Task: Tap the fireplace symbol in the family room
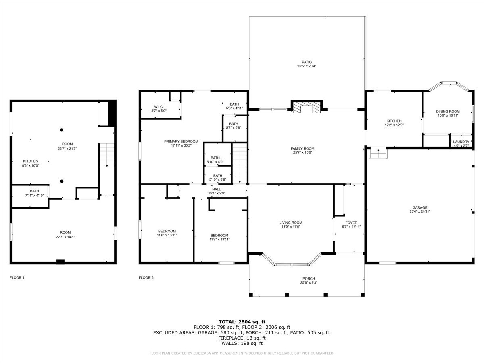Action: point(307,107)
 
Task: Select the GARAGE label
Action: point(419,208)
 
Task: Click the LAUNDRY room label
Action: point(461,142)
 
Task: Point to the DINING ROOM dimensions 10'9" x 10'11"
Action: point(448,115)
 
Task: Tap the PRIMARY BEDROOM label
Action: point(181,142)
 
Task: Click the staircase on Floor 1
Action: point(106,154)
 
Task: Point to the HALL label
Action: point(217,189)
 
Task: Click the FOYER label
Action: point(351,223)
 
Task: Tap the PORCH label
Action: point(309,279)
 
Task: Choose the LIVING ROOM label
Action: point(290,223)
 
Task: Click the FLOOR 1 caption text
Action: point(17,277)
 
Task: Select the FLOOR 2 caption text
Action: point(146,277)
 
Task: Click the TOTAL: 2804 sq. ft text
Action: point(242,321)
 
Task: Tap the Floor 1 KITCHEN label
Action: point(30,161)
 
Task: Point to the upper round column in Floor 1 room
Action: point(62,130)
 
